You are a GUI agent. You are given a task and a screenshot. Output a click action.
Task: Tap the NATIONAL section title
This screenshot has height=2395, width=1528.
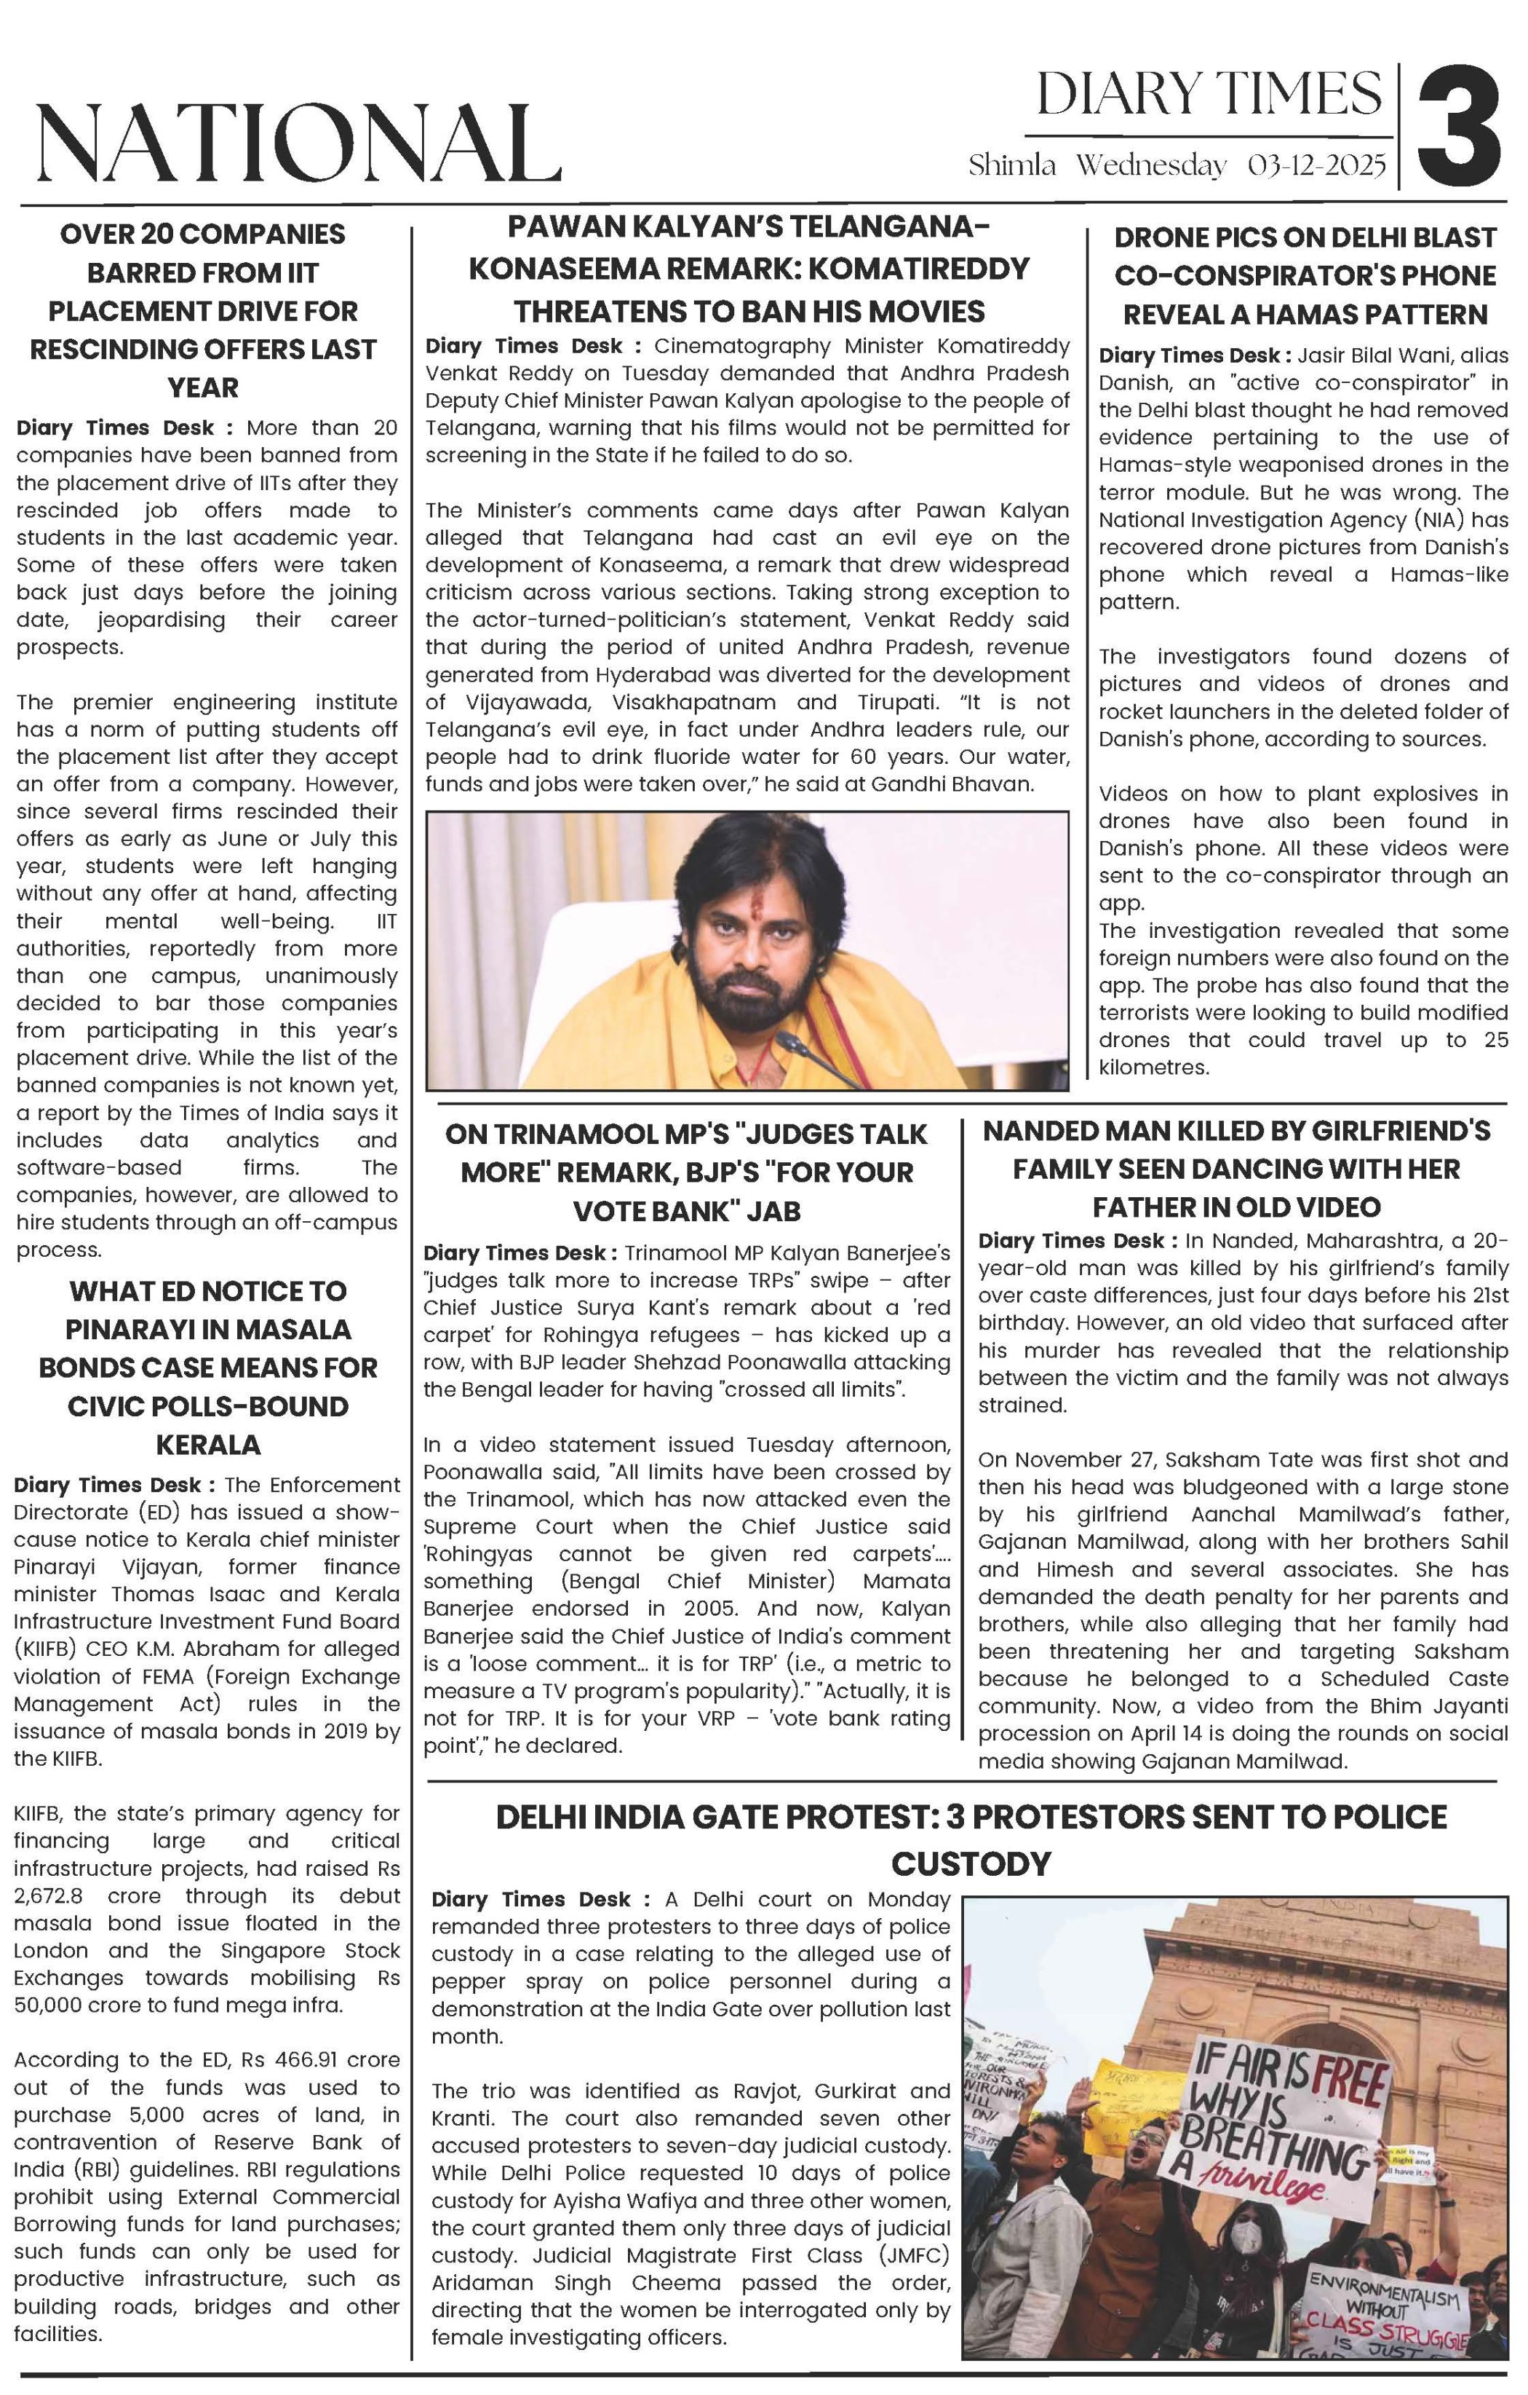coord(296,144)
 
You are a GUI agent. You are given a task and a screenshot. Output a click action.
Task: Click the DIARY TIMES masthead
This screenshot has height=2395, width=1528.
coord(1209,95)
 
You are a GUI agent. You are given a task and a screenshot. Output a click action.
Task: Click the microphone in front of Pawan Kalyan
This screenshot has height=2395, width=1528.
coord(792,1046)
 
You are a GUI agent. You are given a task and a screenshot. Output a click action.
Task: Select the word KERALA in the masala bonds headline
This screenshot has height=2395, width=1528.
coord(208,1444)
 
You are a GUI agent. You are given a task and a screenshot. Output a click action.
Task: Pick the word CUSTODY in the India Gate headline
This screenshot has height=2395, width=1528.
coord(971,1863)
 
